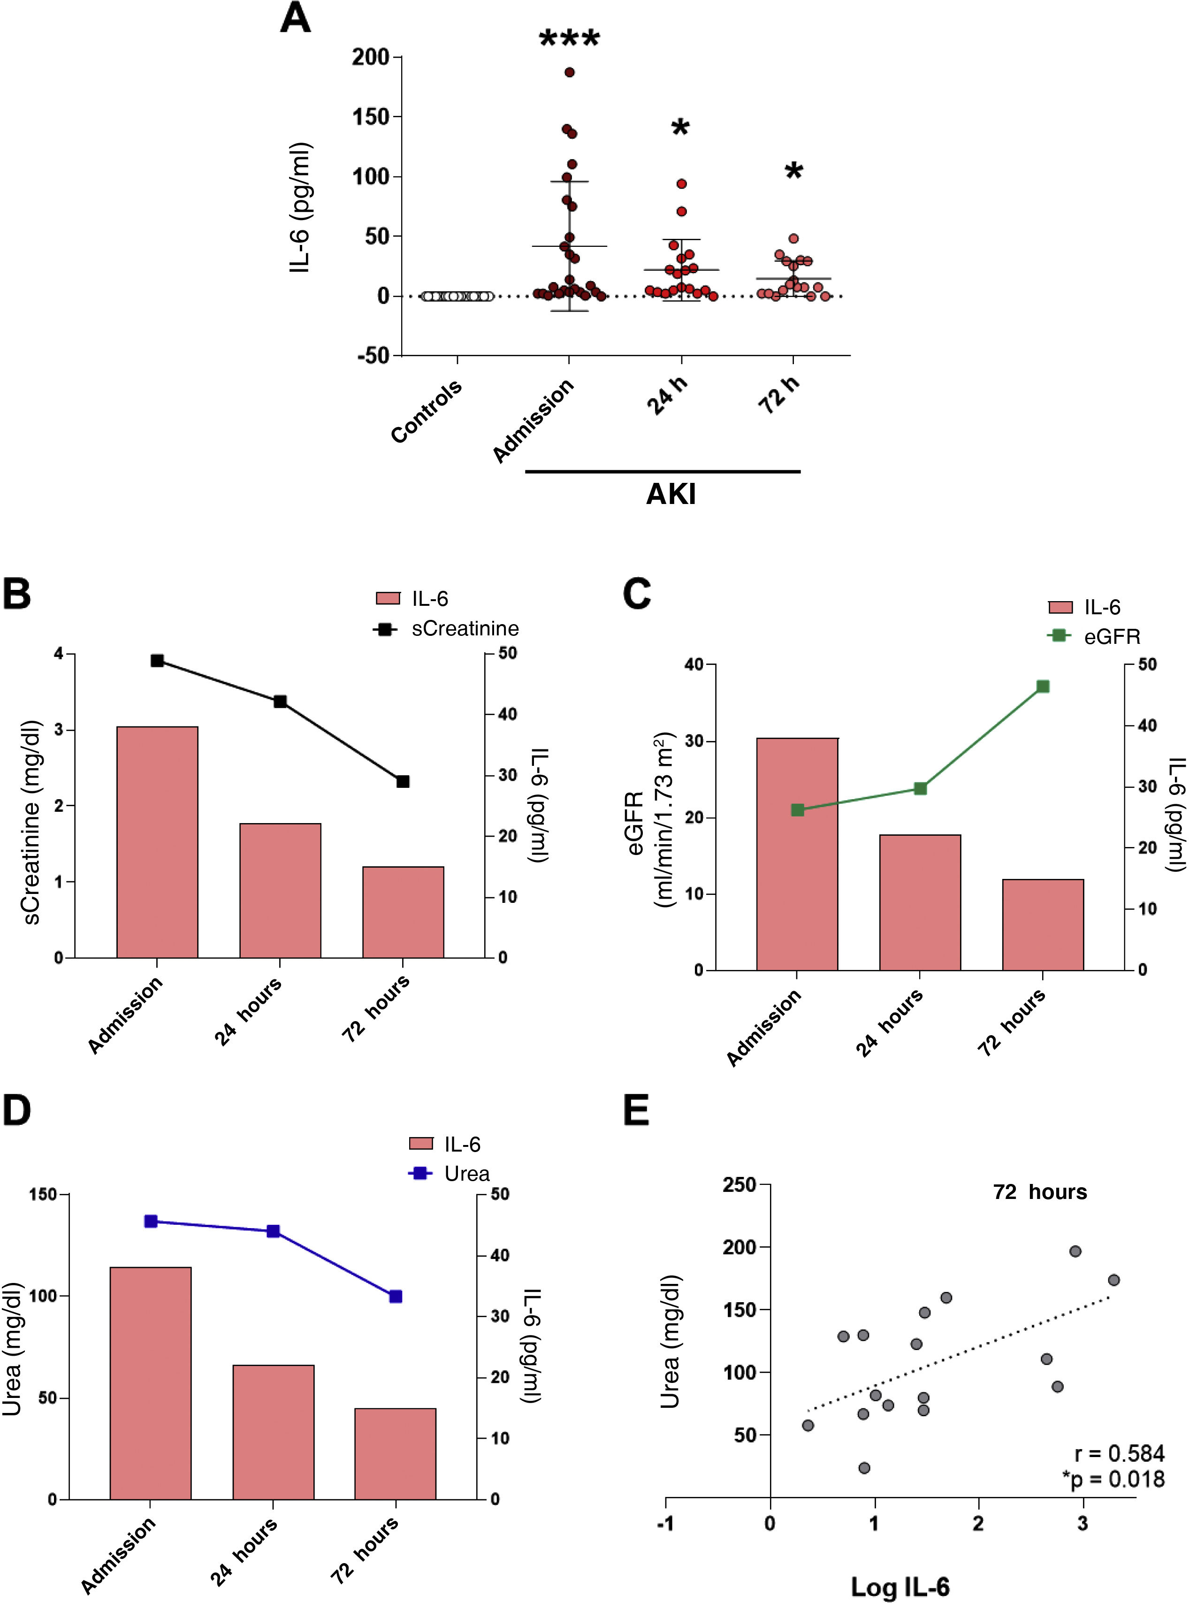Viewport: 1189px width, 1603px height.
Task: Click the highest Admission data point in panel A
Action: pyautogui.click(x=569, y=72)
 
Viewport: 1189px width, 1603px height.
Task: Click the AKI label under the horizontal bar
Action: pyautogui.click(x=671, y=495)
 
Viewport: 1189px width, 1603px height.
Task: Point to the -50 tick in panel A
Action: pyautogui.click(x=373, y=356)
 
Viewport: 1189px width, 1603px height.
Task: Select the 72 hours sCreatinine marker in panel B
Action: pyautogui.click(x=403, y=782)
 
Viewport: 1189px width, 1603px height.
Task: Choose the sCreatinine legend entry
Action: pyautogui.click(x=446, y=628)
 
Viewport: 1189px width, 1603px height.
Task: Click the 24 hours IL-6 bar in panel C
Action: pyautogui.click(x=920, y=903)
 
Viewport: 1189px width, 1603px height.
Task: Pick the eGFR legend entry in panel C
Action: pyautogui.click(x=1094, y=636)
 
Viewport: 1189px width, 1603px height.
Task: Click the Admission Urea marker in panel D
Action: pyautogui.click(x=151, y=1221)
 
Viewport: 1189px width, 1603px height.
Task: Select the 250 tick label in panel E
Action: pyautogui.click(x=739, y=1185)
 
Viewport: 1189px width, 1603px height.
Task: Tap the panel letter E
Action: pyautogui.click(x=636, y=1111)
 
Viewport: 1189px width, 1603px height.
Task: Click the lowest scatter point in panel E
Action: pyautogui.click(x=864, y=1468)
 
